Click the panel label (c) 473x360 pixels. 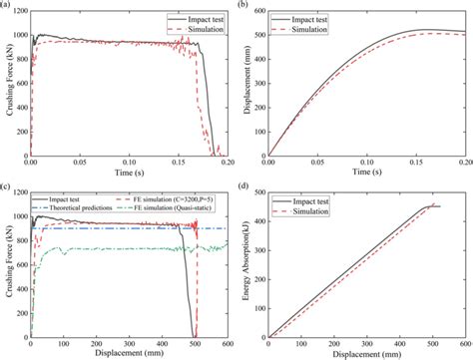pyautogui.click(x=8, y=186)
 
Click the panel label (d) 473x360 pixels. pyautogui.click(x=245, y=186)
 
